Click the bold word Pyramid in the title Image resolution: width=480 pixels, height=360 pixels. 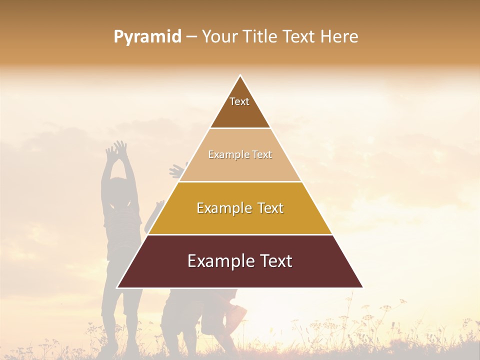(147, 37)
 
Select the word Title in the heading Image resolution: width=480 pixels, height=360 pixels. (260, 37)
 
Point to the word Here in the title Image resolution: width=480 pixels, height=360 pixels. (339, 37)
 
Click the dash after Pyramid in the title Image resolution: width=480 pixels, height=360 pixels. (191, 37)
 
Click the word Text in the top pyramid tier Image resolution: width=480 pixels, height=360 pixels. (239, 101)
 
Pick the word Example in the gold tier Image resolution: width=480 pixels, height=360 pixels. (223, 208)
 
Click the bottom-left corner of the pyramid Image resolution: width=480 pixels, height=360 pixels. (117, 287)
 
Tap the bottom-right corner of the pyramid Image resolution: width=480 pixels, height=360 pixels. (363, 287)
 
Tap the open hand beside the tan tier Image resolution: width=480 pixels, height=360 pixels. (177, 170)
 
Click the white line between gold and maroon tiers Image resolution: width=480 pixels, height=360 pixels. (240, 234)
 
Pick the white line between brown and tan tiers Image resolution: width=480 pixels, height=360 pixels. (240, 128)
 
